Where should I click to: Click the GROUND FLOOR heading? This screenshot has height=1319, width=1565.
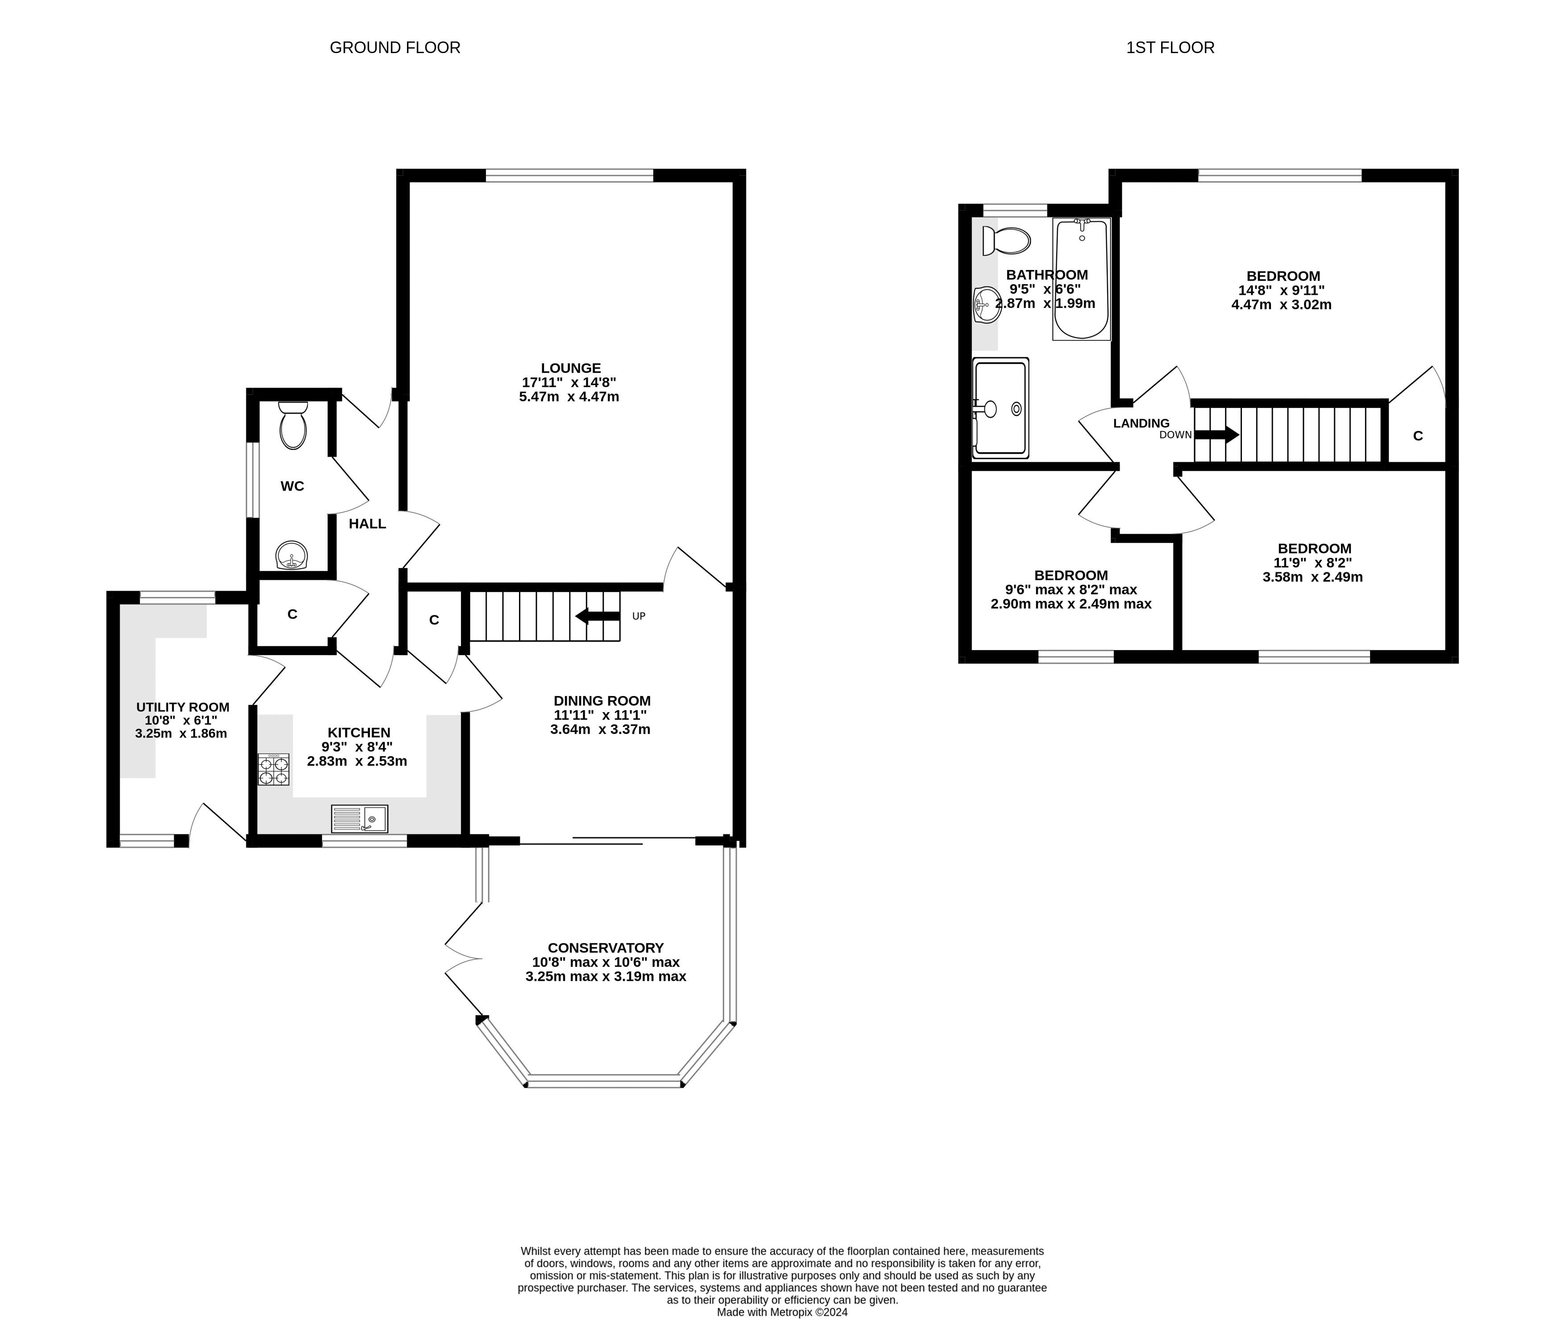[395, 48]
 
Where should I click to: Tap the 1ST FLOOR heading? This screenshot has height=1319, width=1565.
[1170, 48]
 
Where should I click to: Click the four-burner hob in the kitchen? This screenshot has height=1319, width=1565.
[274, 769]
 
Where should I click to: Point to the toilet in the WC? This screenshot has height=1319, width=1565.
[292, 425]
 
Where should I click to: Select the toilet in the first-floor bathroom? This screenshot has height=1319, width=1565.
[1006, 241]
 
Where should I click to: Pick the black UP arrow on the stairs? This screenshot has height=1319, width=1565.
[598, 616]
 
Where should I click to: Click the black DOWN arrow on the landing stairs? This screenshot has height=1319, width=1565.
[1217, 435]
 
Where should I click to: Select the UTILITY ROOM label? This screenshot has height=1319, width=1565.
[183, 707]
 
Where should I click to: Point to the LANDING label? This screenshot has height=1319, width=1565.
[1141, 423]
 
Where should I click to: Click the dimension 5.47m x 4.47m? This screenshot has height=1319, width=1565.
[569, 397]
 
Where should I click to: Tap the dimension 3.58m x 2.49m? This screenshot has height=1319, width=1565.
[1313, 577]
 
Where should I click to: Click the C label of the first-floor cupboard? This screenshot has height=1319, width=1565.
[1418, 436]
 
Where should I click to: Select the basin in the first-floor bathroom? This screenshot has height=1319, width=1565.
[988, 304]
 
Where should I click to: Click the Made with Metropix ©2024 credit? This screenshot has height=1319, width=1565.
[782, 1311]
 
